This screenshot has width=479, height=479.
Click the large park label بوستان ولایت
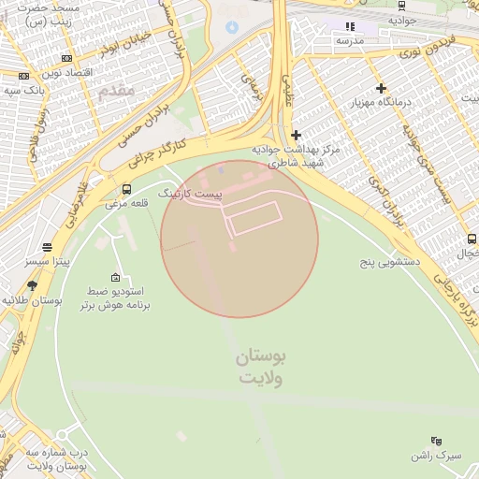pyautogui.click(x=261, y=367)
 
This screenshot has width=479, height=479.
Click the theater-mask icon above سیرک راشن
pyautogui.click(x=436, y=440)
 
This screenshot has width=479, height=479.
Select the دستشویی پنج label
pyautogui.click(x=390, y=263)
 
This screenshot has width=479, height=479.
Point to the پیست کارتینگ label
pyautogui.click(x=190, y=193)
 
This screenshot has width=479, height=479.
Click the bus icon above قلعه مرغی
pyautogui.click(x=126, y=189)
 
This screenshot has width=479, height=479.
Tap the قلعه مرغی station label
pyautogui.click(x=124, y=203)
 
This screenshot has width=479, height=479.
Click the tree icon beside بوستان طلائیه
pyautogui.click(x=33, y=285)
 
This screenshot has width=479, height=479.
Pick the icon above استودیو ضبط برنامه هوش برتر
pyautogui.click(x=115, y=277)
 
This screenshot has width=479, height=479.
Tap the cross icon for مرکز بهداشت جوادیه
pyautogui.click(x=297, y=136)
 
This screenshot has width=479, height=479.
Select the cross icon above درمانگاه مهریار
pyautogui.click(x=381, y=88)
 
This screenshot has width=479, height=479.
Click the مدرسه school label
pyautogui.click(x=350, y=41)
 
